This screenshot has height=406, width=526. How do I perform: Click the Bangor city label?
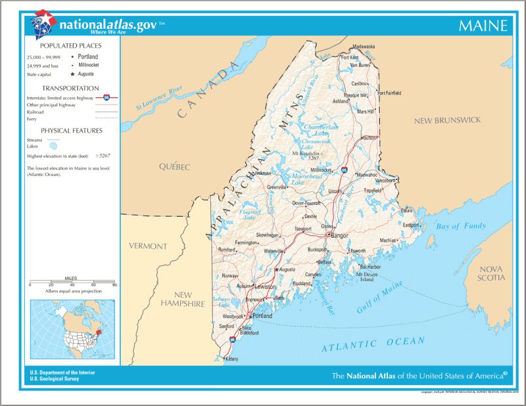pyautogui.click(x=339, y=235)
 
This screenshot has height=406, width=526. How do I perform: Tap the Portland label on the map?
pyautogui.click(x=262, y=315)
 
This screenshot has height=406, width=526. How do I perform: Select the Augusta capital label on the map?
pyautogui.click(x=287, y=269)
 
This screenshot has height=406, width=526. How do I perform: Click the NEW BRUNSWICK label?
pyautogui.click(x=447, y=120)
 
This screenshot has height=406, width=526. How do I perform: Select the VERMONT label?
pyautogui.click(x=148, y=246)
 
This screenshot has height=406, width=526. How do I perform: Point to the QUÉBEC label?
pyautogui.click(x=174, y=167)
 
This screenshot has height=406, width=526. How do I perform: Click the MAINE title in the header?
pyautogui.click(x=483, y=26)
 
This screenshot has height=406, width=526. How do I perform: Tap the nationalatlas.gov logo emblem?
pyautogui.click(x=43, y=24)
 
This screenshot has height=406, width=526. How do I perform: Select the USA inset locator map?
pyautogui.click(x=72, y=329)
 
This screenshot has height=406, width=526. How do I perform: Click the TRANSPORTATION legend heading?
pyautogui.click(x=70, y=88)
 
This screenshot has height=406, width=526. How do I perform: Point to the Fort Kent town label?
pyautogui.click(x=350, y=57)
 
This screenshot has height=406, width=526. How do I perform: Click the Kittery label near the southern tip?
pyautogui.click(x=231, y=359)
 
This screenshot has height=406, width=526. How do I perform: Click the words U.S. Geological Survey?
pyautogui.click(x=57, y=379)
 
